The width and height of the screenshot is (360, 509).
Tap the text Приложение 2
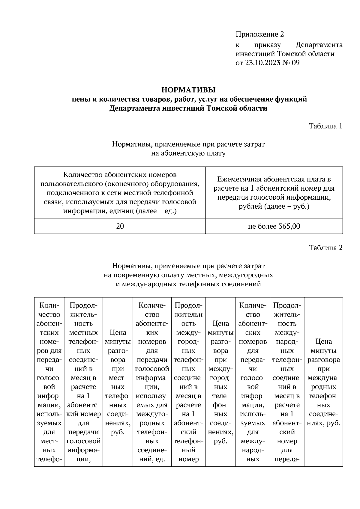click(259, 34)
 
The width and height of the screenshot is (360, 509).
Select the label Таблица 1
click(325, 126)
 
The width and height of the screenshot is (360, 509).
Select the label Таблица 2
click(325, 248)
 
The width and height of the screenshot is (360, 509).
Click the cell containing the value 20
click(120, 226)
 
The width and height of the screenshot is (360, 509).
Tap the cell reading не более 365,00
click(274, 226)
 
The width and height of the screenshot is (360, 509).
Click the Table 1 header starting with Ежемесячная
click(274, 193)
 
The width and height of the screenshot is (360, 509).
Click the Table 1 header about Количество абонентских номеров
click(120, 193)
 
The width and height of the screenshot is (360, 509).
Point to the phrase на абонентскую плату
click(188, 153)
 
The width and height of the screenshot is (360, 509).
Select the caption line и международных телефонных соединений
click(188, 284)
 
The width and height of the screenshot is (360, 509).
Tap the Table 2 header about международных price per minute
click(323, 382)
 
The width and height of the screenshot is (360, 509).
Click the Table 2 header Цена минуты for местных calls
click(118, 382)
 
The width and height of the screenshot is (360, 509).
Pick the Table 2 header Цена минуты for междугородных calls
click(220, 382)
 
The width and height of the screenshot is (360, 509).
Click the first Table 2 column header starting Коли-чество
click(49, 382)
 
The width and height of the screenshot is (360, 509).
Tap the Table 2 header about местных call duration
click(83, 382)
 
